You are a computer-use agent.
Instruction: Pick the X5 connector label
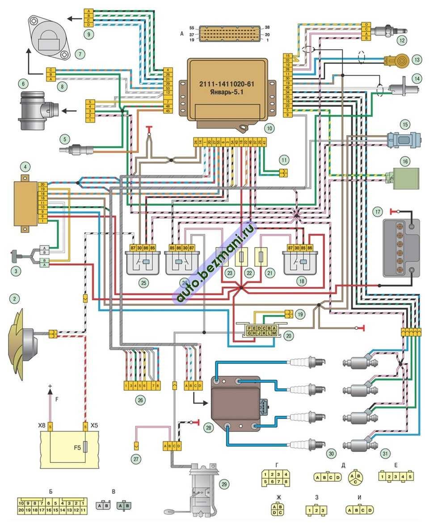pos(94,425)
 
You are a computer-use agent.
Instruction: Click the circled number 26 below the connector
pos(140,400)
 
